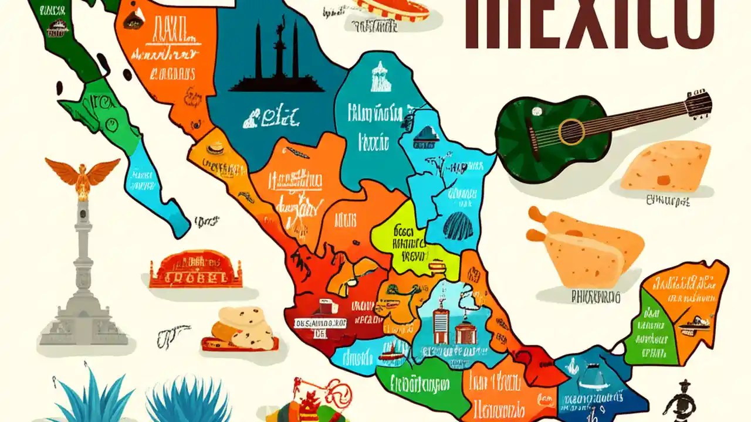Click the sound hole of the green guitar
click(x=571, y=132)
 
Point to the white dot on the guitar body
click(x=536, y=111)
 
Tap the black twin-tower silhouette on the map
click(x=276, y=59)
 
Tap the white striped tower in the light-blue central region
click(x=440, y=325)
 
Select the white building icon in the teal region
click(x=380, y=77)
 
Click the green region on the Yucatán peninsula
click(x=645, y=328)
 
